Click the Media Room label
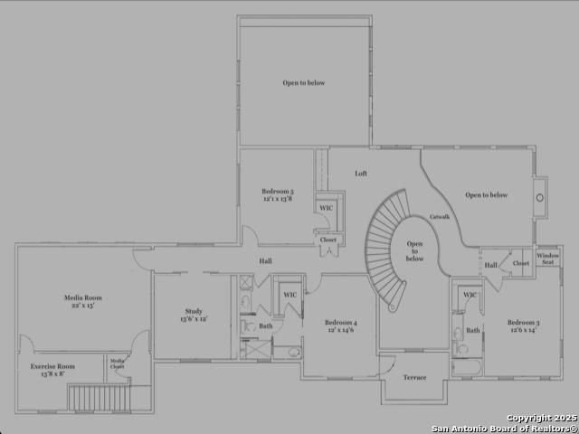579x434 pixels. tap(82, 297)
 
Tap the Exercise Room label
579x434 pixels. tap(52, 366)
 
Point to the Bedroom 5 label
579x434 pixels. tap(278, 191)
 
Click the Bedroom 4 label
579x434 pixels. tap(341, 323)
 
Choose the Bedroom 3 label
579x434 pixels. tap(523, 323)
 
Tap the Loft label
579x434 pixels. tap(361, 174)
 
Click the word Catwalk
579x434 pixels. tap(440, 216)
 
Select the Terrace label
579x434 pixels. tap(414, 376)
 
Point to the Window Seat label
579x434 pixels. tap(548, 259)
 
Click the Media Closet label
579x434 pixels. tap(118, 363)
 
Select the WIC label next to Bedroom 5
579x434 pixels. tap(326, 209)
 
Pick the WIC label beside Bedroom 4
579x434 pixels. tap(289, 295)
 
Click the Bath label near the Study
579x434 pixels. tap(265, 325)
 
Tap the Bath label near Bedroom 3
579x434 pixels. tap(472, 332)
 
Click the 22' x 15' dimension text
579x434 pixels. tap(82, 306)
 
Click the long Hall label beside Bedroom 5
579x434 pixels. tap(266, 261)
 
